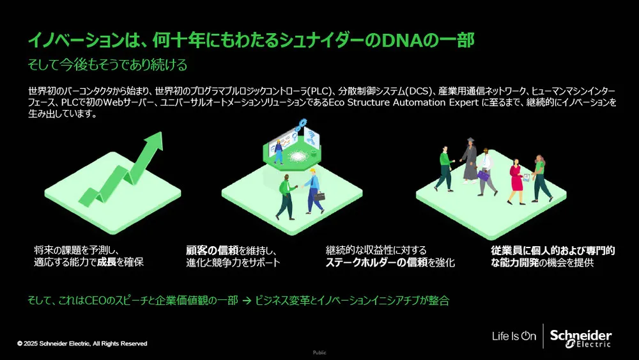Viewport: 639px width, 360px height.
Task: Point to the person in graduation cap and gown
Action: click(x=470, y=160)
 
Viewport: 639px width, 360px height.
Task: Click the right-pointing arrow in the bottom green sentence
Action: click(x=246, y=300)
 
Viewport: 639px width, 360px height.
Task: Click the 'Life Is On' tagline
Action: click(x=514, y=336)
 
